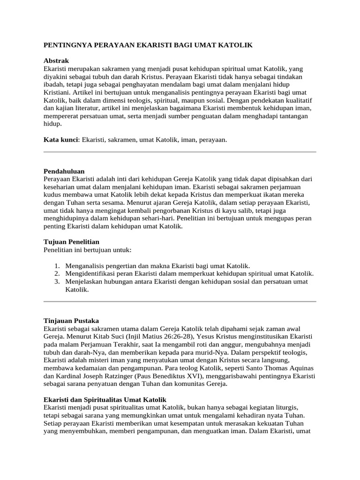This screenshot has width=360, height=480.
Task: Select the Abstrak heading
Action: (56, 61)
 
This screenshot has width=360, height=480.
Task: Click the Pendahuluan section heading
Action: (64, 171)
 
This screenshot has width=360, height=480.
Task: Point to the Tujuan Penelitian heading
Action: (71, 242)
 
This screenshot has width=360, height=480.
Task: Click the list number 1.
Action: (57, 265)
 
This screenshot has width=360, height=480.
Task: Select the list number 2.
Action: (57, 273)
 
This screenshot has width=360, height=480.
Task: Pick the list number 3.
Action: (57, 281)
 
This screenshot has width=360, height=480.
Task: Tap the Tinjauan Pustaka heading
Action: (71, 321)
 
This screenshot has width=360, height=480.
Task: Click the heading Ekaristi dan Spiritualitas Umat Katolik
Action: (105, 400)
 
